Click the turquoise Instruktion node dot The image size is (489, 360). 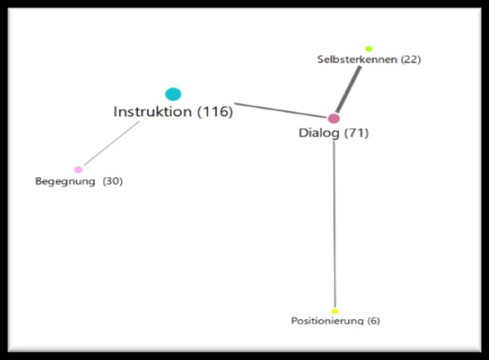[x=173, y=94]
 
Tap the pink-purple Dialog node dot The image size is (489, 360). [x=334, y=119]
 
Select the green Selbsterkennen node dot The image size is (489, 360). [x=369, y=48]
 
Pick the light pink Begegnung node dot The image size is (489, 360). [x=78, y=170]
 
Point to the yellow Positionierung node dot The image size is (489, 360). [x=335, y=311]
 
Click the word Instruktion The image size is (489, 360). [x=153, y=111]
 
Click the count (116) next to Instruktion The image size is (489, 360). [x=215, y=112]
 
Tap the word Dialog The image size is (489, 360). [x=319, y=134]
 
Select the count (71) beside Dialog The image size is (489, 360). [x=356, y=133]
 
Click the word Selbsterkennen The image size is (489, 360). [x=357, y=59]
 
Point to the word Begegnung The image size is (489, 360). [x=65, y=181]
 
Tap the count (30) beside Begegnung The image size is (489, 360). [x=113, y=181]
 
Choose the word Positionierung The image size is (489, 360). [x=327, y=321]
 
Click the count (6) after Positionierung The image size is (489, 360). [x=374, y=321]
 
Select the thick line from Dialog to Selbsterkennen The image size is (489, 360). [x=348, y=89]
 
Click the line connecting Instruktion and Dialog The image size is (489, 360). [x=280, y=110]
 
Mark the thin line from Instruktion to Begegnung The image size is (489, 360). [x=112, y=143]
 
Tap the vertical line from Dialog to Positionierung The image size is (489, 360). [x=335, y=224]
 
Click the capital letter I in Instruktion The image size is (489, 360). [x=115, y=111]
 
